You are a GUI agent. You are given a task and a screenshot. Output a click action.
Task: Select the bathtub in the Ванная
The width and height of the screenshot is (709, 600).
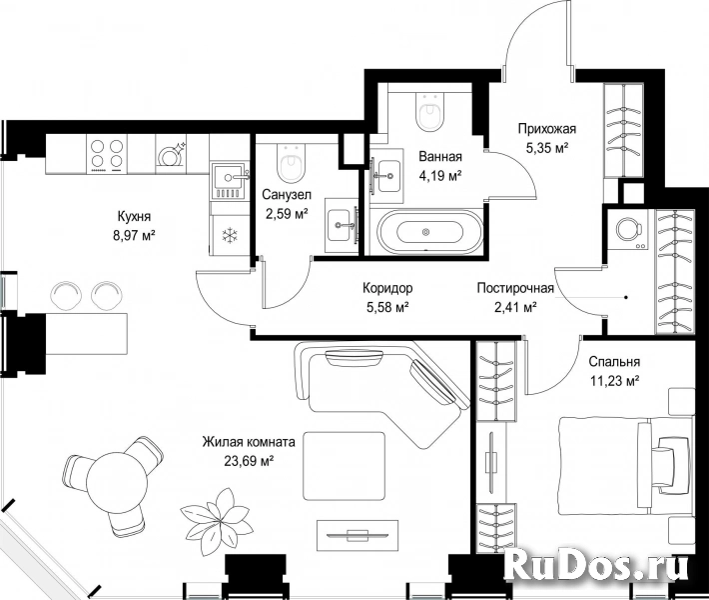(425, 232)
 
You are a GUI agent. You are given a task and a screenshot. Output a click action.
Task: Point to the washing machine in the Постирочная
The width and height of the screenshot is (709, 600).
(628, 230)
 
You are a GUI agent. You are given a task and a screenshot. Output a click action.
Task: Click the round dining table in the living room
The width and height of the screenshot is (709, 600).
(117, 483)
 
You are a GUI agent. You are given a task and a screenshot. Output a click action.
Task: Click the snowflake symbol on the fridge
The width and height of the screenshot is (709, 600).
(230, 235)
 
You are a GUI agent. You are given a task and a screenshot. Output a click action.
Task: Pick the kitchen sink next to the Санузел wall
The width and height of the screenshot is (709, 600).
(230, 181)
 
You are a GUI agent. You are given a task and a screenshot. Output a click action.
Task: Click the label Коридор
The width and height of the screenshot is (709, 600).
(387, 288)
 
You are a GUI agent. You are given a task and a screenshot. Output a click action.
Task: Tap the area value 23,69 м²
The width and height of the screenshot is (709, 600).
(250, 461)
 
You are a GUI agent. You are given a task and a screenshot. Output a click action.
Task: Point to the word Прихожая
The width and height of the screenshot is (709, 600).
(547, 129)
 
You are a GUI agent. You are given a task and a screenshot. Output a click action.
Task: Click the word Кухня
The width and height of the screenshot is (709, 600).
(134, 216)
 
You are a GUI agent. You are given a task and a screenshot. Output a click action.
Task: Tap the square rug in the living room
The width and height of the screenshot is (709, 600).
(345, 466)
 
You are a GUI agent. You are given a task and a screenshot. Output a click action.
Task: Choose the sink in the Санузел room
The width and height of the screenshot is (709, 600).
(342, 225)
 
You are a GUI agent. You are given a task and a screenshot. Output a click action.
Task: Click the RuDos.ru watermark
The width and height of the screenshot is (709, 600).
(595, 565)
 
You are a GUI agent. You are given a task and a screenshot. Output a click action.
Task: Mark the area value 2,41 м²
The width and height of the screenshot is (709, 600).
(515, 307)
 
